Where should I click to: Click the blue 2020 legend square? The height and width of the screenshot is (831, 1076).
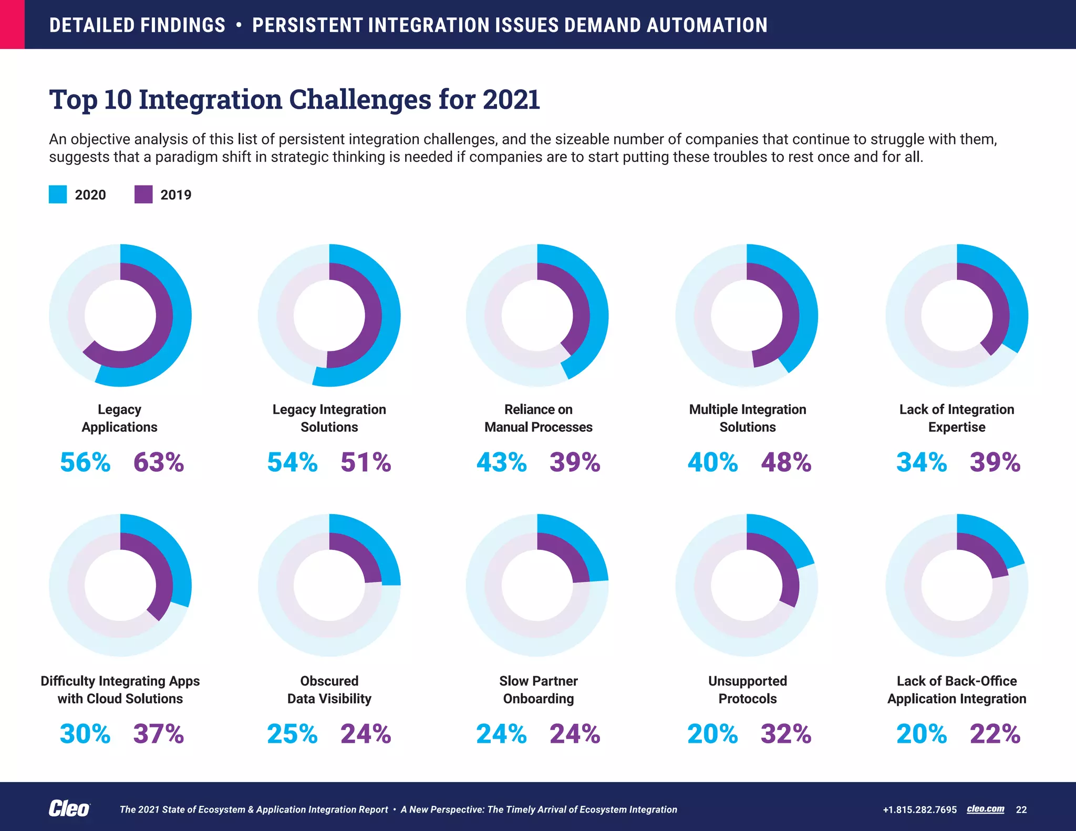point(58,194)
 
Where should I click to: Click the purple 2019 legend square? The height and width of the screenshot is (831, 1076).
point(143,194)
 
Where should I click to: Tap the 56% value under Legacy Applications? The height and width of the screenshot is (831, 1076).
point(85,462)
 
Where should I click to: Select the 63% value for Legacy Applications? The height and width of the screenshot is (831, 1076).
point(159,462)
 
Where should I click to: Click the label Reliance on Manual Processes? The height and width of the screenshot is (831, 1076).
point(538,418)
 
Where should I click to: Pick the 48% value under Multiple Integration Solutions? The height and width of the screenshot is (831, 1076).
point(786,462)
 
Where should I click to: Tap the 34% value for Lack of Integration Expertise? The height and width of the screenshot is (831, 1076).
point(922,462)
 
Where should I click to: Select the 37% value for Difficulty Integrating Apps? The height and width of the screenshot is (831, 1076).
point(159,734)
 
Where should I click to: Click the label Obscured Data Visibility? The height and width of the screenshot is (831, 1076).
point(329,690)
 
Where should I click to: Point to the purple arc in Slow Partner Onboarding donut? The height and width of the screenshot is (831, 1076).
point(573,557)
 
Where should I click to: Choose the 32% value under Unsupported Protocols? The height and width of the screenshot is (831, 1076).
point(786,734)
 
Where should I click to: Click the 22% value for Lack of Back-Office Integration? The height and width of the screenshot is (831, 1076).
point(995,734)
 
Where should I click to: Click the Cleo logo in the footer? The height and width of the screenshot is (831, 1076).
point(69,809)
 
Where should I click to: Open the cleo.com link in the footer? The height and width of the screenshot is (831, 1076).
point(985,809)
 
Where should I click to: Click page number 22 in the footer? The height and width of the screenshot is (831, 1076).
point(1021,809)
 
